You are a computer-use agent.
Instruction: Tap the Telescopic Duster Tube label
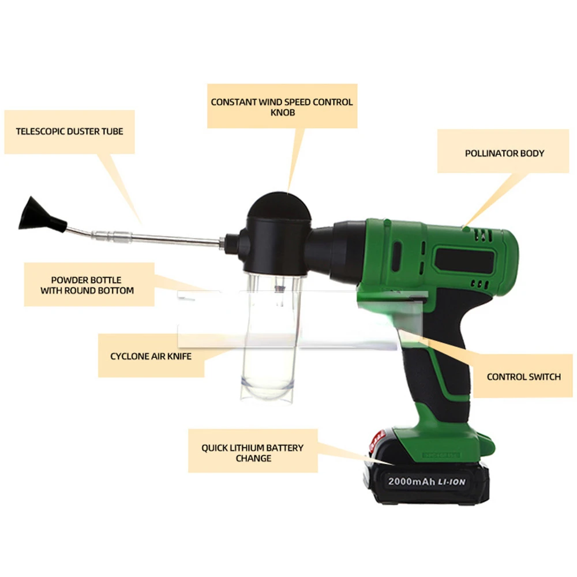click(x=70, y=132)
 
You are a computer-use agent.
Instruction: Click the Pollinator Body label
click(x=504, y=153)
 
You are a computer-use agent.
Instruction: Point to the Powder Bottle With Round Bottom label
click(x=87, y=285)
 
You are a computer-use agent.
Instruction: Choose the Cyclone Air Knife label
click(x=151, y=356)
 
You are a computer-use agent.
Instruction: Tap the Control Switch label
click(x=523, y=376)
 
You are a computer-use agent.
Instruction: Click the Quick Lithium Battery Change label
click(x=253, y=452)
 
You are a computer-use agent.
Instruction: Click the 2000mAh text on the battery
click(x=411, y=481)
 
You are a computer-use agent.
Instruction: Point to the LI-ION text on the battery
click(x=452, y=482)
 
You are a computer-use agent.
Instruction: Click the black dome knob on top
click(x=279, y=206)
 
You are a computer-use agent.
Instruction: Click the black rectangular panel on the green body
click(x=464, y=260)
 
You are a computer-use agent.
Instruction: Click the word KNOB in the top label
click(x=283, y=113)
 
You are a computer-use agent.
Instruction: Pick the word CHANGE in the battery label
click(x=253, y=458)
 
